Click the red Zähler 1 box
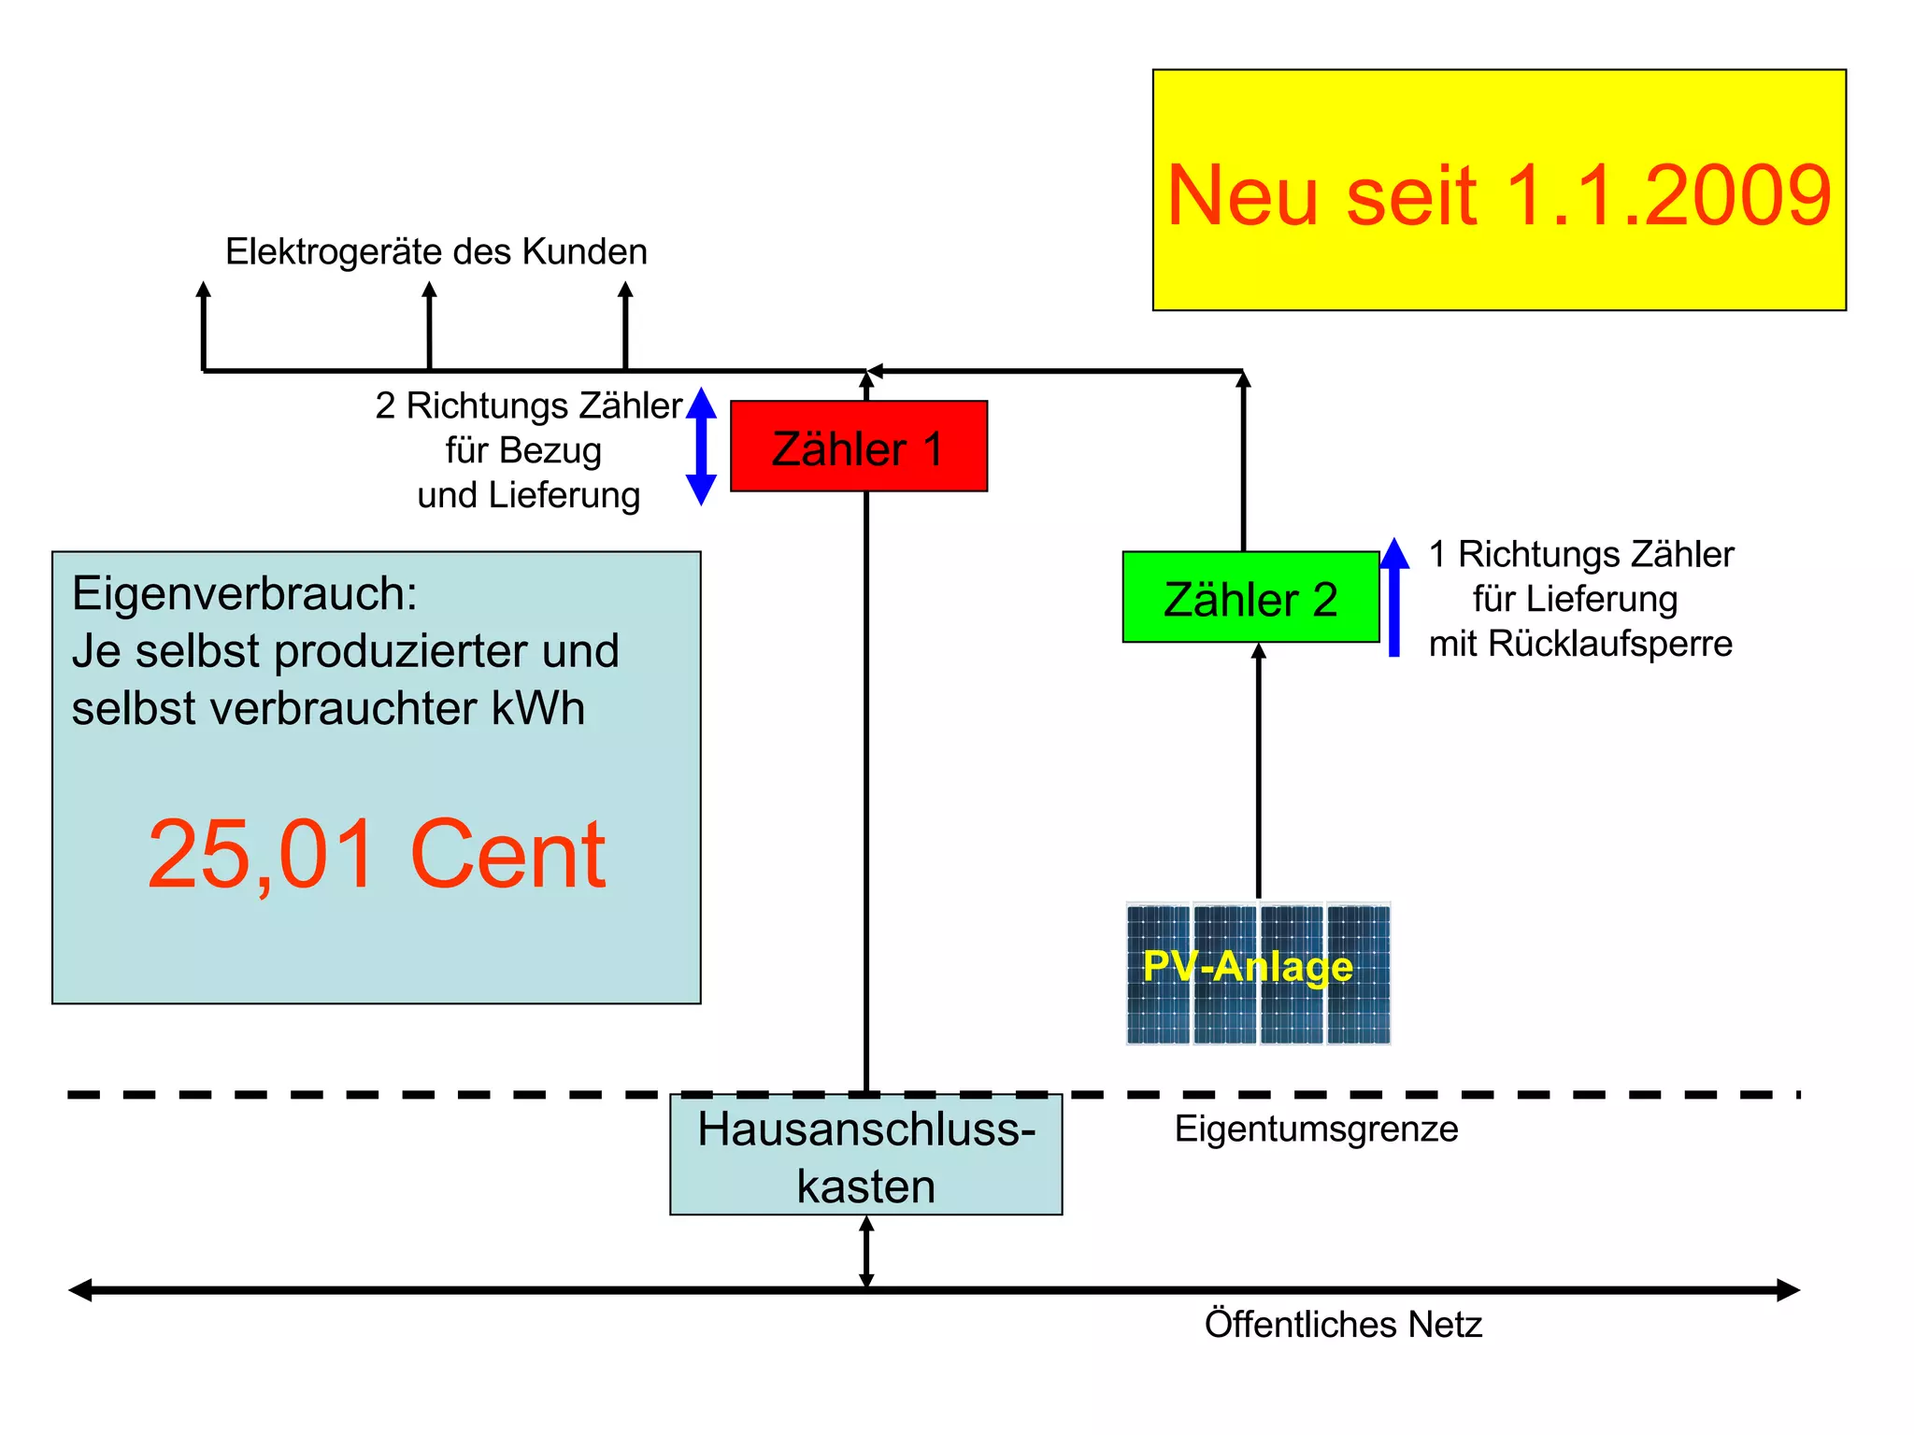pos(858,447)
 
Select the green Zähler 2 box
pos(1250,598)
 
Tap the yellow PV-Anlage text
pos(1248,966)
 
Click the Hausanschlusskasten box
pos(865,1157)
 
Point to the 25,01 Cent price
pos(376,854)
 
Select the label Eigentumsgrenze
pos(1316,1129)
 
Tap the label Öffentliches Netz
pos(1343,1325)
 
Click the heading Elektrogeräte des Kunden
pos(436,251)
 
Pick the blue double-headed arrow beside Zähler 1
pos(701,447)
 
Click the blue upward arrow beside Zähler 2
pos(1393,598)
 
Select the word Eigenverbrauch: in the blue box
pos(245,593)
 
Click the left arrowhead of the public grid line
pos(80,1290)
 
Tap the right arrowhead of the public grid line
pos(1787,1290)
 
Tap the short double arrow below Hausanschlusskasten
pos(866,1252)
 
